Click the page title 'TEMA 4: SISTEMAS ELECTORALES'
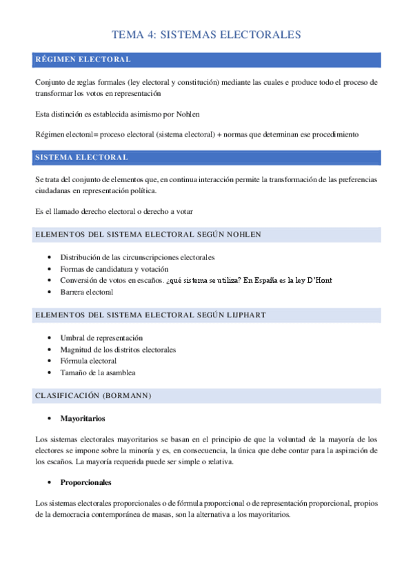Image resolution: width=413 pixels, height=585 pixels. [x=206, y=34]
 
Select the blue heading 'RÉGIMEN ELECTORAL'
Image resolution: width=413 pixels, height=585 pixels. [x=83, y=60]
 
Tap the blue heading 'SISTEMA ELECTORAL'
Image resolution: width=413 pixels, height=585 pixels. [x=81, y=157]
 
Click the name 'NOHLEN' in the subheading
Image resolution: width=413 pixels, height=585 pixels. [x=242, y=235]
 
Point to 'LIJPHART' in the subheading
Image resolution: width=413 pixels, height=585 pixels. [x=243, y=315]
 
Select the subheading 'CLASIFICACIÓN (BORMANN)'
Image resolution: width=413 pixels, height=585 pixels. [x=92, y=396]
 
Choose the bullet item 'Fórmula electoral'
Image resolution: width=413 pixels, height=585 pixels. [x=88, y=361]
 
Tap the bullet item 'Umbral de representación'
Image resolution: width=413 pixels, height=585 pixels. [x=101, y=338]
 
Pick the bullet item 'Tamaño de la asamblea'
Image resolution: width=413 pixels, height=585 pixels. [x=97, y=373]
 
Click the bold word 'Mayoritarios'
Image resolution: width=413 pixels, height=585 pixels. [x=83, y=419]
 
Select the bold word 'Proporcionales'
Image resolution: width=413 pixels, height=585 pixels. [x=86, y=482]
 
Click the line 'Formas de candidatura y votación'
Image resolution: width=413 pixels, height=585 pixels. [x=114, y=269]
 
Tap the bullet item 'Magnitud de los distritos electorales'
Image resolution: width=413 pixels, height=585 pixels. [x=118, y=350]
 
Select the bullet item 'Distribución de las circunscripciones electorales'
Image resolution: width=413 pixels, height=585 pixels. [x=137, y=257]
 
